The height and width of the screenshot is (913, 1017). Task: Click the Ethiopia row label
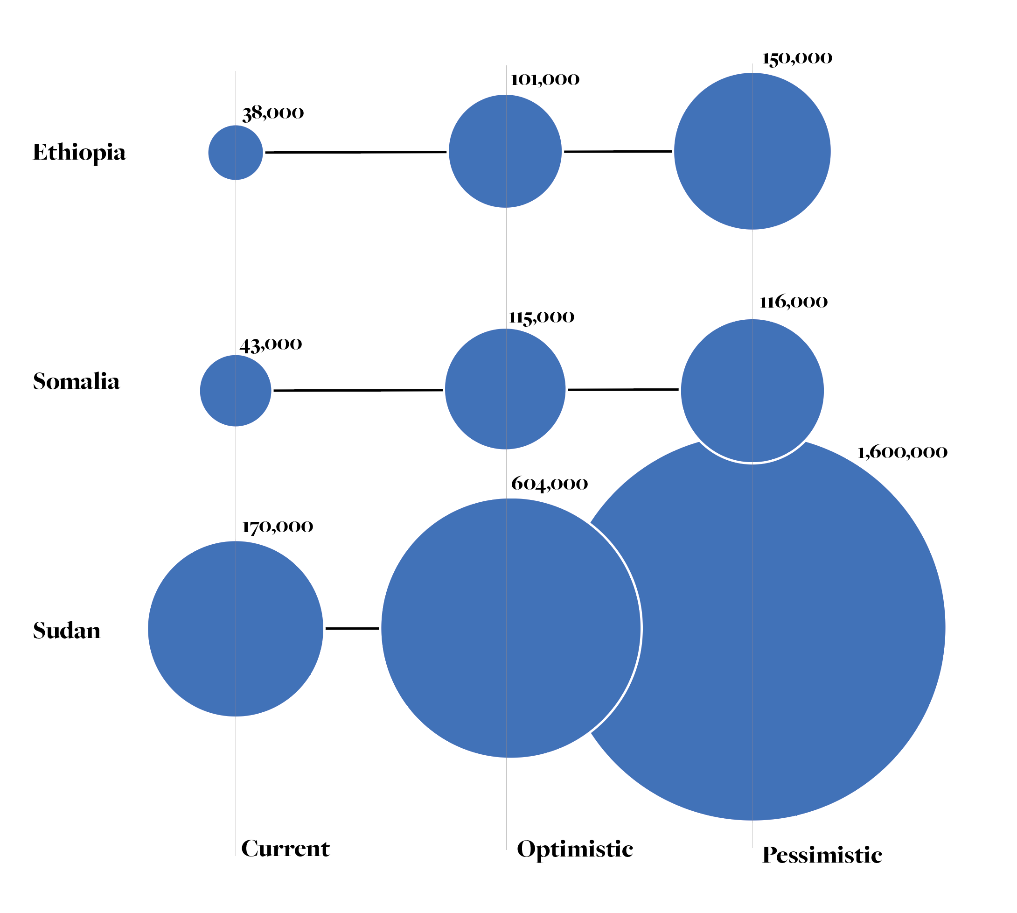79,153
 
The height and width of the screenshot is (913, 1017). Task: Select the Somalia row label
76,382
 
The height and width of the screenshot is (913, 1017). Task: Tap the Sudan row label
67,631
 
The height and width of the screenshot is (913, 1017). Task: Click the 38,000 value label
273,113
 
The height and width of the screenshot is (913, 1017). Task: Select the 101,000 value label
544,80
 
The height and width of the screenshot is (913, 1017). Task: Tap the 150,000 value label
797,59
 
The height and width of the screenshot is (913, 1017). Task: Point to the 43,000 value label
271,345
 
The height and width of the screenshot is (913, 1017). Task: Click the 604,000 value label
549,484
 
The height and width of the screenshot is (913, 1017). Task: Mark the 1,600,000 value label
902,453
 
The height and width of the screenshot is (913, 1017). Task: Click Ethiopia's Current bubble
236,153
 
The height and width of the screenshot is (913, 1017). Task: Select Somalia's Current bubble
236,391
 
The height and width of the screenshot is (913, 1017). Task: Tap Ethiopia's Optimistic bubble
505,151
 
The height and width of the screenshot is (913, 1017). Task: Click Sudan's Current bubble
236,629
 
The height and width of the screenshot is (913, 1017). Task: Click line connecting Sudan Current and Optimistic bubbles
352,629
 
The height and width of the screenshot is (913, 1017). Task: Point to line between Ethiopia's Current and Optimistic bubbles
355,152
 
